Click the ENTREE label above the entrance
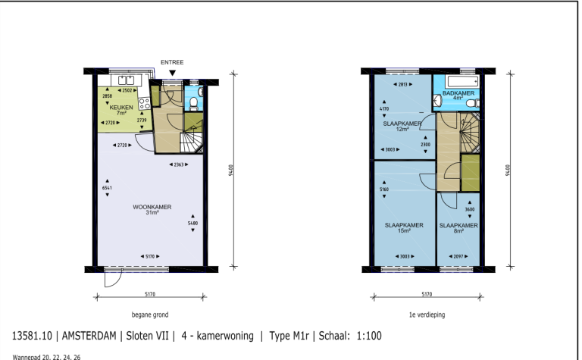pos(173,62)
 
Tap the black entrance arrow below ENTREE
pos(173,73)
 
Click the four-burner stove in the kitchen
pos(144,103)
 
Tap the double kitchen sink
pos(124,80)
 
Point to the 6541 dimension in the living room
pos(106,188)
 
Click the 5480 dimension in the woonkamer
pos(192,224)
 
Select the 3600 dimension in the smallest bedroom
pos(468,210)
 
